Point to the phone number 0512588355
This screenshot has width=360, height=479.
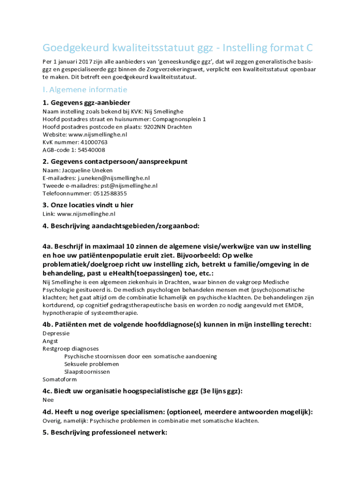(x=104, y=193)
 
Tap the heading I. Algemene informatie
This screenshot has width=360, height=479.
(x=85, y=89)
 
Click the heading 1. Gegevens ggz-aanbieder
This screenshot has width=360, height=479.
(x=86, y=102)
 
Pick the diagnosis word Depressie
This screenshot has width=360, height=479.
(x=56, y=334)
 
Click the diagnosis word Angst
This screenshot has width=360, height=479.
(x=50, y=341)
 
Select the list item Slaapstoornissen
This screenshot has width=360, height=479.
(x=87, y=371)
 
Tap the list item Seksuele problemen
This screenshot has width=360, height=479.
(x=92, y=364)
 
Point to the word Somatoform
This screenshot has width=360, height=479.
(x=59, y=379)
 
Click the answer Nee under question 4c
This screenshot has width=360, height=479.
(x=48, y=400)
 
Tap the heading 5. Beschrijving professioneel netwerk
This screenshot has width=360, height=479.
(x=105, y=433)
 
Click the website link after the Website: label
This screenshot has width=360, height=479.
(x=98, y=134)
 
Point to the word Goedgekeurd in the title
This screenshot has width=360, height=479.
(x=75, y=48)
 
